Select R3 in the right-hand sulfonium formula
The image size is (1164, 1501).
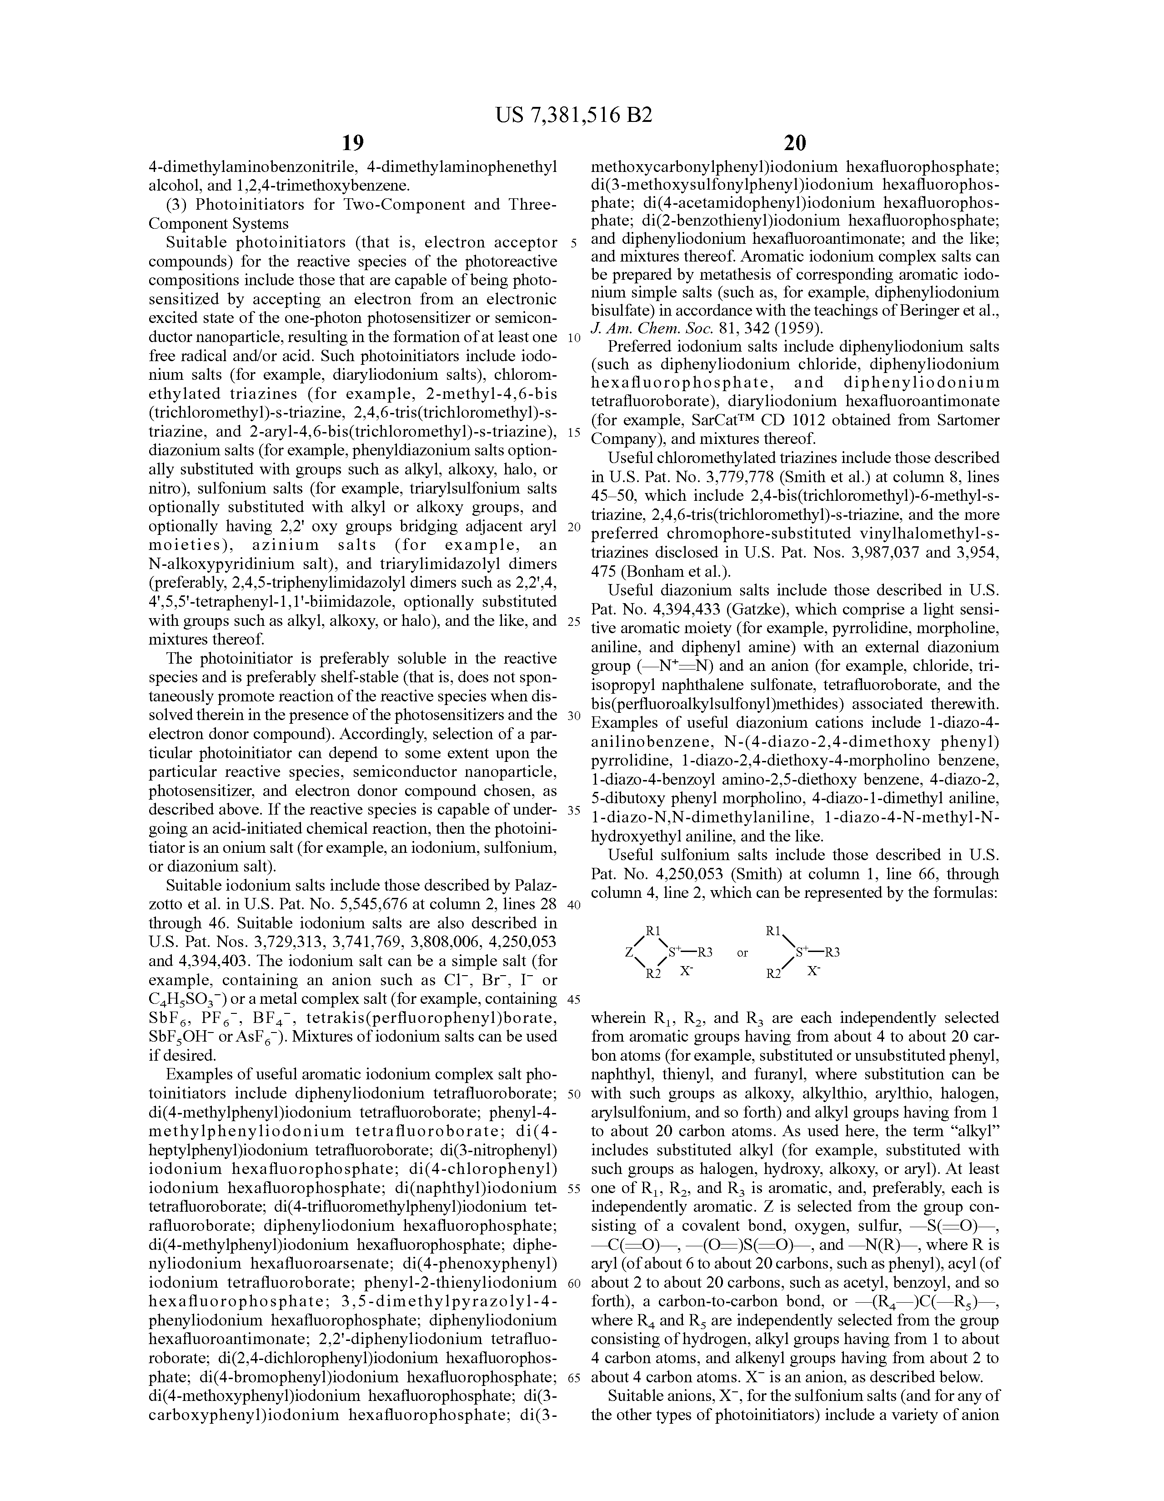(x=832, y=952)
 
